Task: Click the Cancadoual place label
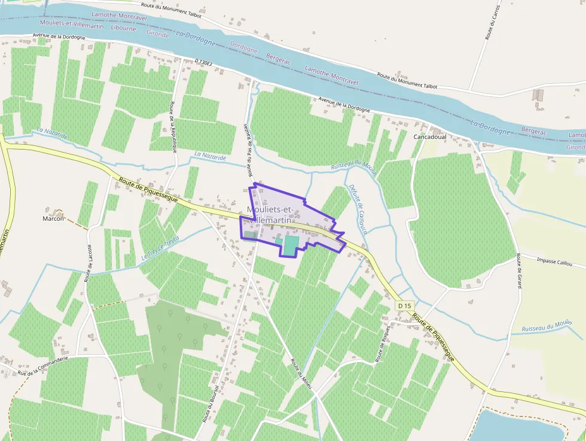(x=430, y=136)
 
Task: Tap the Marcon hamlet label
(x=53, y=218)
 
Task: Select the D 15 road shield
(x=405, y=306)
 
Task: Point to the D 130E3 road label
(x=205, y=62)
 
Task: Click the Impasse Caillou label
(x=554, y=261)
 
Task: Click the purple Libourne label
(x=124, y=28)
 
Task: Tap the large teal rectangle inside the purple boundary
(x=291, y=245)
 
